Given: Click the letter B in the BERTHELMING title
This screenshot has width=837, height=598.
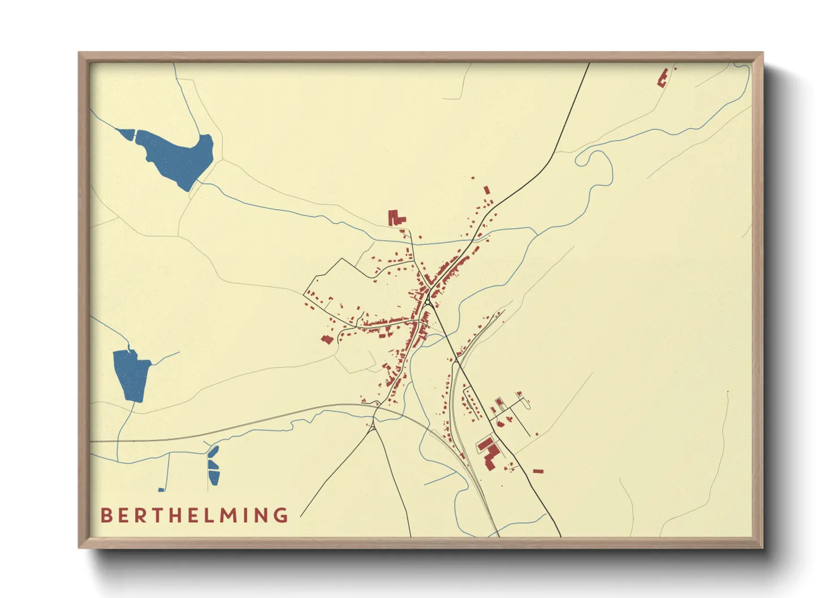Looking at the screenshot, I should pos(106,515).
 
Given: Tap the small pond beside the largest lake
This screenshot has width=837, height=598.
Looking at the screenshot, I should pos(127,133).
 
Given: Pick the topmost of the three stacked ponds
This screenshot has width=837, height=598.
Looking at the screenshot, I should pos(214,452).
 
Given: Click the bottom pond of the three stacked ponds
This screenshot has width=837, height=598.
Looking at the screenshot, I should pos(214,478).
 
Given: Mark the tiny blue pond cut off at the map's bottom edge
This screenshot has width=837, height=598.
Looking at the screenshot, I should pos(161,489).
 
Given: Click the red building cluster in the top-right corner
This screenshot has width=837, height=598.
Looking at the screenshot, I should pos(663,77).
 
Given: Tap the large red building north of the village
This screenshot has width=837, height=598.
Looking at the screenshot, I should pos(395,218).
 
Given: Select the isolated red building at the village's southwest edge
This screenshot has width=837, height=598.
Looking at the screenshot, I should pos(326,339).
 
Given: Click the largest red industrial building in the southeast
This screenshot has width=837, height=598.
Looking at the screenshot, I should pos(490,455).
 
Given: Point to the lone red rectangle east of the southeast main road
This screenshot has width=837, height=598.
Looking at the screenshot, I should pos(538,471).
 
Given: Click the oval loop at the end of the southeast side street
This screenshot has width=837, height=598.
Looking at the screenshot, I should pos(528,404).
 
